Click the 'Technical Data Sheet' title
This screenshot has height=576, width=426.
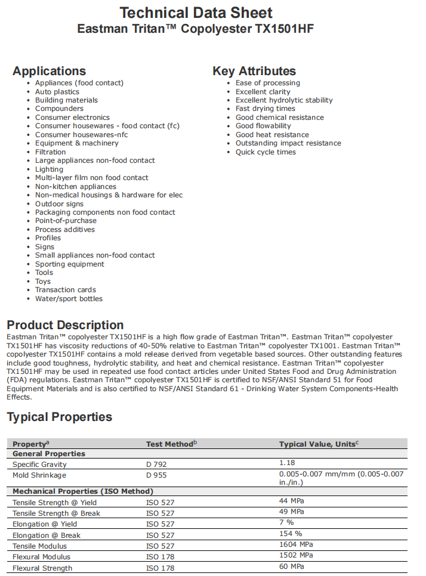pos(196,13)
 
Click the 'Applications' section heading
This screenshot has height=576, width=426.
pos(49,71)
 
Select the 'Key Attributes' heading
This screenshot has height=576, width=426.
pos(254,71)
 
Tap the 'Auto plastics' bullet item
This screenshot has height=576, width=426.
pos(57,92)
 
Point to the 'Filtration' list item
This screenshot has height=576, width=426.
pos(51,152)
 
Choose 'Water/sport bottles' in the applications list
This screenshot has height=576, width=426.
pos(69,299)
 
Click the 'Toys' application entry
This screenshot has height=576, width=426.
pos(43,281)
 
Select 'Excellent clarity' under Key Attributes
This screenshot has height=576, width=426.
pos(263,92)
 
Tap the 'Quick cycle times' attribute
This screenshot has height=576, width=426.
pos(266,152)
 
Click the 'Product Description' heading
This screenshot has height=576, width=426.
pos(65,325)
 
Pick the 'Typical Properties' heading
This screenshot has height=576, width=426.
pos(59,417)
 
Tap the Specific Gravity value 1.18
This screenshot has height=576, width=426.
pos(287,463)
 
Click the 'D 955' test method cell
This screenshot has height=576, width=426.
pos(156,475)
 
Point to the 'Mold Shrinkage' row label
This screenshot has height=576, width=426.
pos(39,475)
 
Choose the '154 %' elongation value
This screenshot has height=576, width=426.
pos(291,534)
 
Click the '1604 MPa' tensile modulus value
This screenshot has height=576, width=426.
pos(296,544)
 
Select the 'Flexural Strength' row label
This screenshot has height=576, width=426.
pos(42,568)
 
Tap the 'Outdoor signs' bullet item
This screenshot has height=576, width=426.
pos(59,204)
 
